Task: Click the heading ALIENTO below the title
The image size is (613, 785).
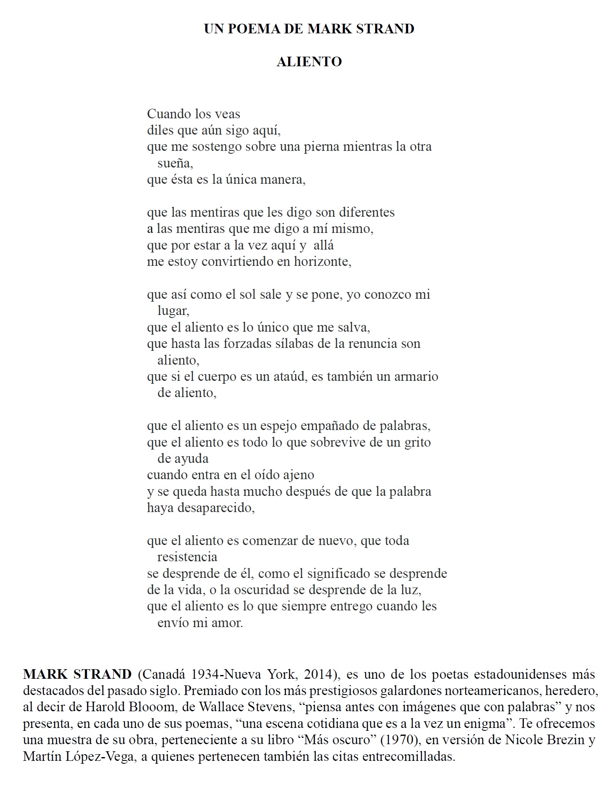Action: (309, 62)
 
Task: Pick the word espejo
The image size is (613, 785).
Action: (279, 426)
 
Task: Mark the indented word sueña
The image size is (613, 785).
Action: (175, 163)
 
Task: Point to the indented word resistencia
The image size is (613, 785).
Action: (187, 557)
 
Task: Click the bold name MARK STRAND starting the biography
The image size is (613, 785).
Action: (77, 674)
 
